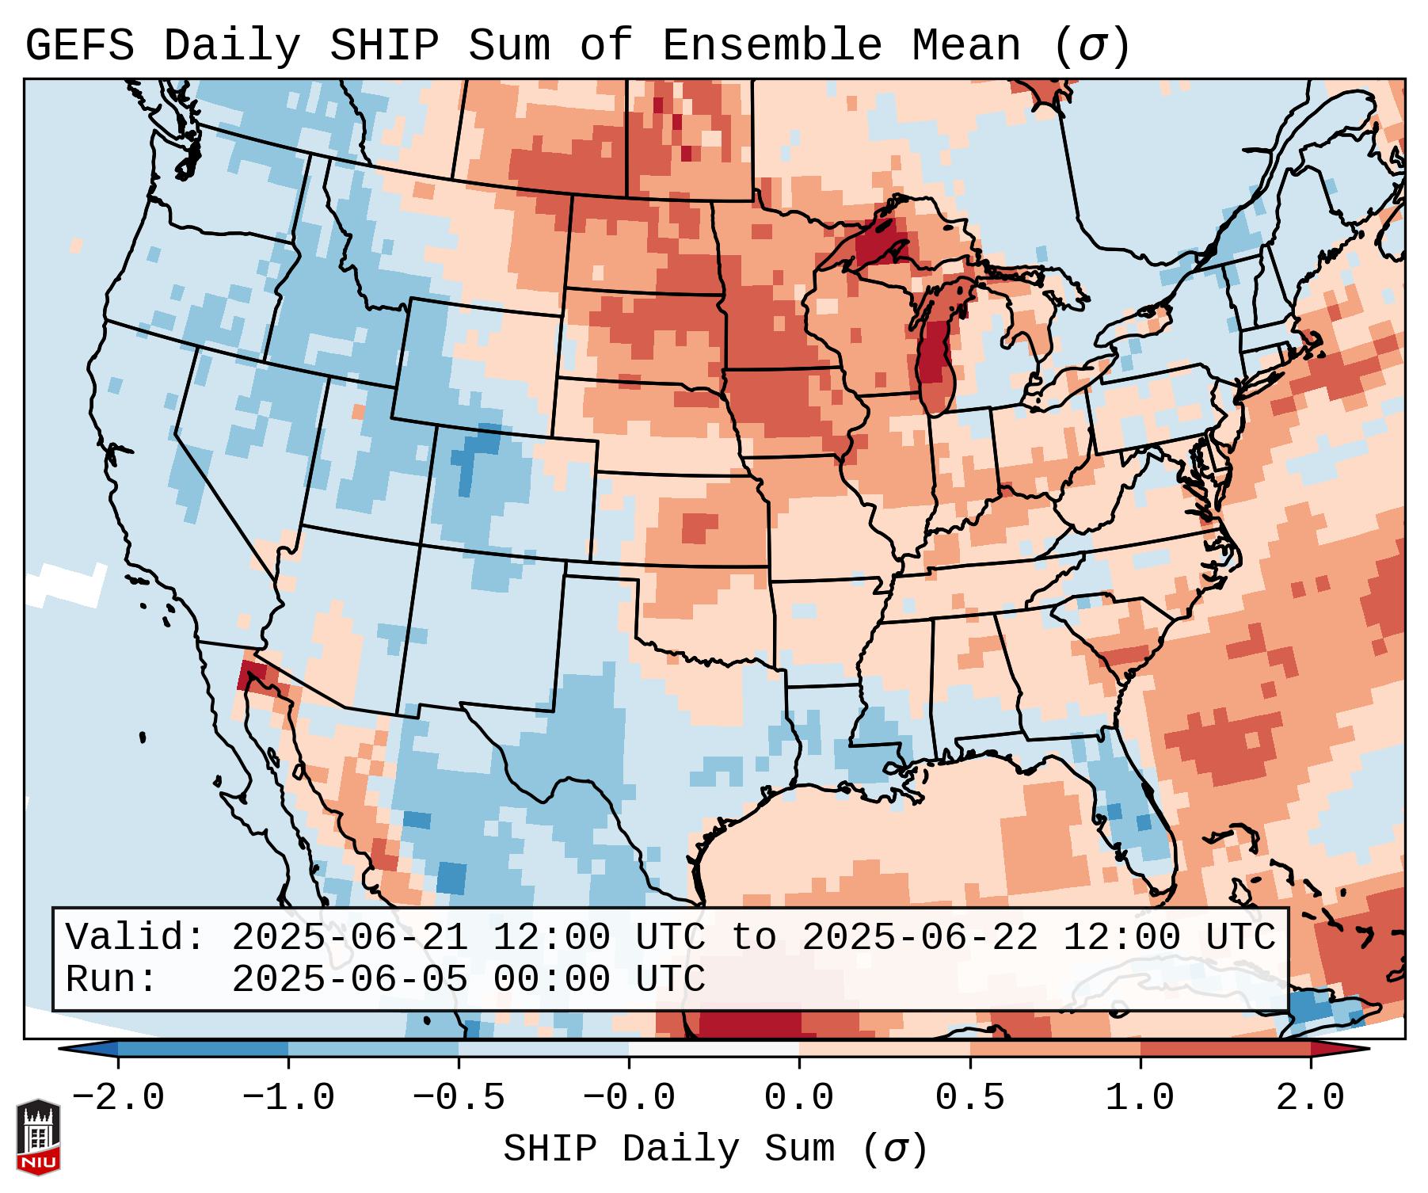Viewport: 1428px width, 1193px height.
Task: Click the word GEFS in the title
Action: coord(79,46)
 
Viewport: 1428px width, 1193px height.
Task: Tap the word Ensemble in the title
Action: coord(771,46)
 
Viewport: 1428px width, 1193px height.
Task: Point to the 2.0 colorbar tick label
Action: coord(1311,1099)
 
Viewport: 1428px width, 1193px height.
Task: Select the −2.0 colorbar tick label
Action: coord(117,1099)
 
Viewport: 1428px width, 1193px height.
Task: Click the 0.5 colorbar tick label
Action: coord(969,1099)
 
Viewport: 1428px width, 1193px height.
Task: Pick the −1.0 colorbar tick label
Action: coord(288,1099)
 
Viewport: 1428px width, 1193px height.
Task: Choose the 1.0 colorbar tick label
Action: coord(1140,1099)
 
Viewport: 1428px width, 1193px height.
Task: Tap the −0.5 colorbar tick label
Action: coord(459,1099)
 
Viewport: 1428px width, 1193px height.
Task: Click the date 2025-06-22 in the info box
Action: coord(920,937)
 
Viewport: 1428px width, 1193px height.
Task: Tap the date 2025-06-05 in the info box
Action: coord(349,979)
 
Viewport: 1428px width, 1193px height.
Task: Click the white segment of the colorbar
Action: coord(714,1049)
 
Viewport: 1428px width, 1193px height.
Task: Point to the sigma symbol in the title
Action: coord(1091,48)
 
